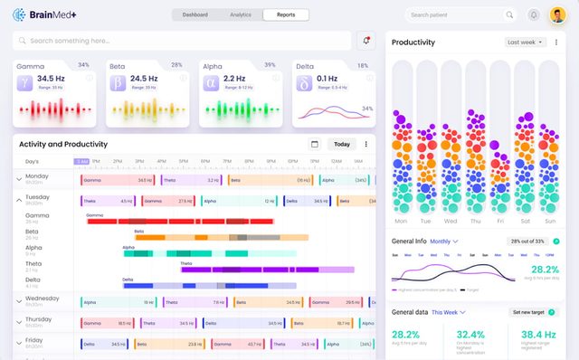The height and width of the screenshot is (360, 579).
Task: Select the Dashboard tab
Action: pyautogui.click(x=195, y=14)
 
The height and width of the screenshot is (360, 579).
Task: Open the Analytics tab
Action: pyautogui.click(x=241, y=14)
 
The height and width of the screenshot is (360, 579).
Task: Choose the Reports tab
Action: pyautogui.click(x=286, y=14)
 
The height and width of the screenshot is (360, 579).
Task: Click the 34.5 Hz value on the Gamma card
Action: pyautogui.click(x=51, y=79)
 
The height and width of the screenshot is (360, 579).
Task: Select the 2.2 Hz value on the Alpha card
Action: pyautogui.click(x=234, y=79)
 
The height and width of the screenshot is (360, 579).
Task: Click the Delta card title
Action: pyautogui.click(x=306, y=66)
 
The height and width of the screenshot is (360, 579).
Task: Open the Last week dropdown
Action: pyautogui.click(x=526, y=42)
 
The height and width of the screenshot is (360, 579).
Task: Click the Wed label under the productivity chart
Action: pyautogui.click(x=451, y=221)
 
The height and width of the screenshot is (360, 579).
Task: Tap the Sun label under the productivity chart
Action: pyautogui.click(x=549, y=221)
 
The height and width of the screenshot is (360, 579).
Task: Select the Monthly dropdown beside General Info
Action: pyautogui.click(x=444, y=242)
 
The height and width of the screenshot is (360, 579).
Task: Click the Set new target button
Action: pyautogui.click(x=531, y=312)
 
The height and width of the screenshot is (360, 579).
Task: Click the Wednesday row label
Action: pyautogui.click(x=43, y=298)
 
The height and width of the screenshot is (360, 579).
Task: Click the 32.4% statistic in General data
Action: pyautogui.click(x=471, y=334)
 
